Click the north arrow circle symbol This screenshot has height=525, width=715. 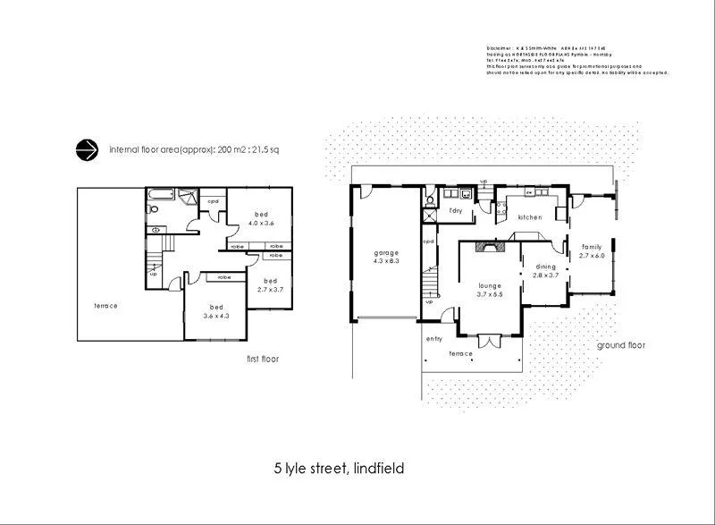88,150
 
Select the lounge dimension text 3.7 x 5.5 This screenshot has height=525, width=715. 491,294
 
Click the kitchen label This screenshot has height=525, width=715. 530,217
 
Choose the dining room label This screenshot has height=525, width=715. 546,266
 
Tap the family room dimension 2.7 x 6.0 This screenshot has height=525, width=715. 592,256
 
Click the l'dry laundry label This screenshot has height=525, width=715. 455,210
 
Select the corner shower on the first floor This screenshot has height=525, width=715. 189,198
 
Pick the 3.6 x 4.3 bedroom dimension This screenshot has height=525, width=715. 214,315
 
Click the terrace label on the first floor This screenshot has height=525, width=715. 105,306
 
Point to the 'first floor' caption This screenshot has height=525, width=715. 263,359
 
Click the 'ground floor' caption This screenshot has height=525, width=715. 620,344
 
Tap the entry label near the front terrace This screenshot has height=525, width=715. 434,339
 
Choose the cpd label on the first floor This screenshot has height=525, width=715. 213,201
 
